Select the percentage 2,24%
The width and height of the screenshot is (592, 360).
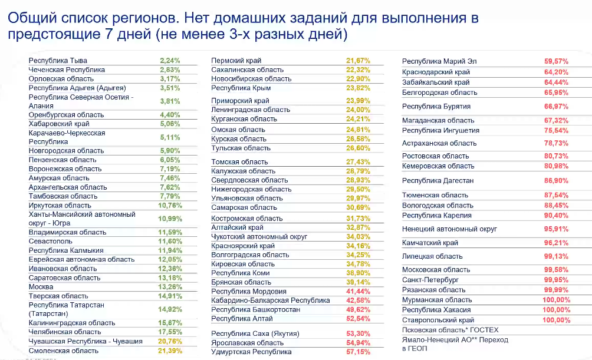[170, 61]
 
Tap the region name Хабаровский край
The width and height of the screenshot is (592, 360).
[59, 124]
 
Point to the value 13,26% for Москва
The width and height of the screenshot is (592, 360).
[170, 287]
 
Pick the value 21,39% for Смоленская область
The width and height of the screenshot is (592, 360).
[170, 351]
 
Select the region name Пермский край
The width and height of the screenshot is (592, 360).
[236, 61]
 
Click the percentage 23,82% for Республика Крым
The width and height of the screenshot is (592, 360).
[358, 88]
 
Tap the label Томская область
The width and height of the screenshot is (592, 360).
[239, 161]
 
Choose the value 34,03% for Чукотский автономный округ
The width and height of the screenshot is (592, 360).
[358, 236]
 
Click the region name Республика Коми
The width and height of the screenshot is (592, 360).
[241, 273]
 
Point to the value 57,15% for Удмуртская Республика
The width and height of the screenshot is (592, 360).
[358, 352]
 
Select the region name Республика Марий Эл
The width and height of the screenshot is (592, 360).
[439, 61]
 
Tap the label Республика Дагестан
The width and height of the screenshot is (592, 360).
[438, 181]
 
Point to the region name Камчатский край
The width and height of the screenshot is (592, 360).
[430, 243]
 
